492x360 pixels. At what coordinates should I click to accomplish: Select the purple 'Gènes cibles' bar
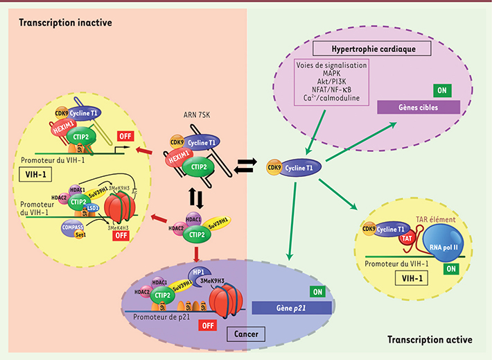417,108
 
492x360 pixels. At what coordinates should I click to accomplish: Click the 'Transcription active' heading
430,341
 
